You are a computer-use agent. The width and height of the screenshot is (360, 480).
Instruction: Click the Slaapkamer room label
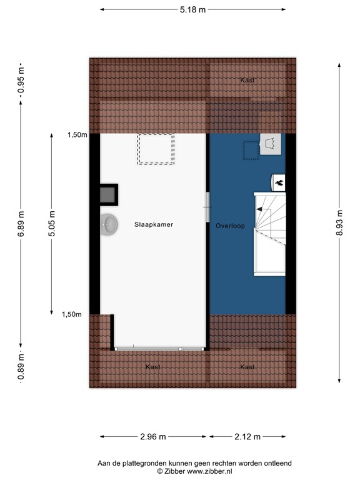(x=154, y=224)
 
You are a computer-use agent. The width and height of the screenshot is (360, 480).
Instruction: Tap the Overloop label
(x=230, y=226)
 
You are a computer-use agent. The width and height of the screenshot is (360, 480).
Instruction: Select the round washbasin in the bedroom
(x=109, y=224)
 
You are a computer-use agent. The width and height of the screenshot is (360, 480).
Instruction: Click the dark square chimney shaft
(x=108, y=194)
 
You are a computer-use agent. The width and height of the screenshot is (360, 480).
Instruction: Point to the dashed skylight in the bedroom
(x=156, y=149)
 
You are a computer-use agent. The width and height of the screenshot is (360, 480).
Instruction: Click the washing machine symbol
(x=271, y=144)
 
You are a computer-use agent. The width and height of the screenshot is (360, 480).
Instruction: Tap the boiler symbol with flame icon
(x=278, y=182)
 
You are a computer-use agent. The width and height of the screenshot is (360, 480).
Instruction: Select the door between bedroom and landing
(x=207, y=207)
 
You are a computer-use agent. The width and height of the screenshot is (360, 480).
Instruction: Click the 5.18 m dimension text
(x=192, y=10)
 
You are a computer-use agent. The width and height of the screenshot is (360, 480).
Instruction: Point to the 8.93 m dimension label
(x=339, y=222)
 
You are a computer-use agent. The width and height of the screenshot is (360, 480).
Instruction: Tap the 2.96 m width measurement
(x=153, y=436)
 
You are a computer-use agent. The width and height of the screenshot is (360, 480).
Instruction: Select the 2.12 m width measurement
(x=247, y=436)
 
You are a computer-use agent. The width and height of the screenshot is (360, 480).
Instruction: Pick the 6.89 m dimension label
(x=21, y=224)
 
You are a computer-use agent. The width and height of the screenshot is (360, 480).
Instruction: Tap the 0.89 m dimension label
(x=21, y=366)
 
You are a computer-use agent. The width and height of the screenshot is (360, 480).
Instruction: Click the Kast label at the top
(x=247, y=80)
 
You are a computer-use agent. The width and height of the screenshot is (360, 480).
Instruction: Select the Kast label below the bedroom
(x=153, y=367)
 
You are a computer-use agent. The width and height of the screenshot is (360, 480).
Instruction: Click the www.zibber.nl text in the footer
(x=209, y=471)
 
